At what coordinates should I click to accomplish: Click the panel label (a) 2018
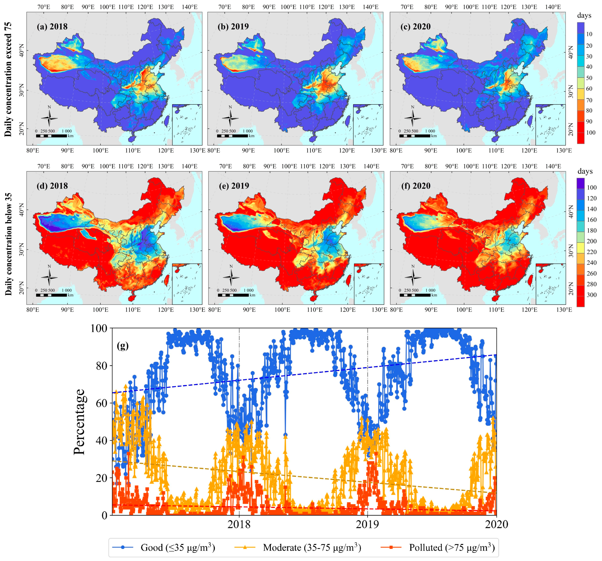coord(52,27)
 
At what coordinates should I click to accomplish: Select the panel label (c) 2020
coord(416,27)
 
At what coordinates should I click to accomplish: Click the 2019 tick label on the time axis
coord(367,524)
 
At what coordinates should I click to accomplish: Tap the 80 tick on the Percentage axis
coord(102,366)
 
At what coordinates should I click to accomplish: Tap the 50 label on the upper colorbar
coord(589,78)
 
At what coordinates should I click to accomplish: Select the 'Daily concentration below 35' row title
coord(8,244)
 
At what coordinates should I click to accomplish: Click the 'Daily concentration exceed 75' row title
coord(8,79)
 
